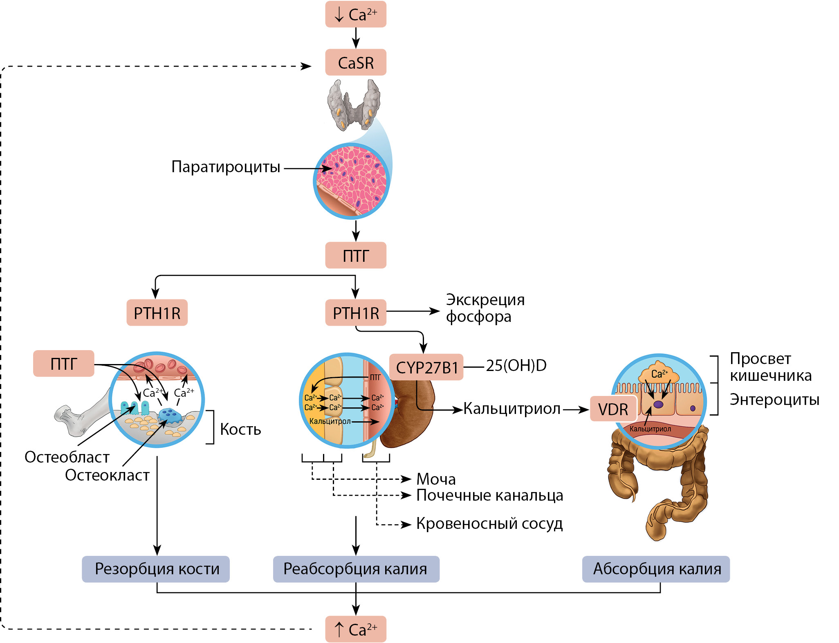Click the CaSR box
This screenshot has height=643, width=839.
355,63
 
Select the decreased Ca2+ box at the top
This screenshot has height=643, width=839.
355,15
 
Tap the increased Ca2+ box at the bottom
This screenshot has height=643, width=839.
355,629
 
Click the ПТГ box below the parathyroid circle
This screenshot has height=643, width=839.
355,256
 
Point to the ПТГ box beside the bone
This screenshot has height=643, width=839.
63,364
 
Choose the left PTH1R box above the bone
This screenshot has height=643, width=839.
157,313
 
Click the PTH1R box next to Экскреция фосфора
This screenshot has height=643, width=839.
355,313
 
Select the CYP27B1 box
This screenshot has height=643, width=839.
426,367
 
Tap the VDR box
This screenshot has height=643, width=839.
613,409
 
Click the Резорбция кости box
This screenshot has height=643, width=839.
156,569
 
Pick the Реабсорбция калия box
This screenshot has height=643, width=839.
356,569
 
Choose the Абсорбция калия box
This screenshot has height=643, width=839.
656,569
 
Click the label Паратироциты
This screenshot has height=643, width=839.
226,167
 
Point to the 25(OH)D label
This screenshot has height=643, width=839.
516,366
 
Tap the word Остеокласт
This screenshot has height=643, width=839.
107,475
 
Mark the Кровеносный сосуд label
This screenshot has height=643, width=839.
489,524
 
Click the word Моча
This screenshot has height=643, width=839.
436,479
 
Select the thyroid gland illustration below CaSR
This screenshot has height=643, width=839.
354,104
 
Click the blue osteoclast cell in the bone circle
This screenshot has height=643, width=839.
169,416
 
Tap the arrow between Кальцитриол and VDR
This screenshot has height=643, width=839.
575,409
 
